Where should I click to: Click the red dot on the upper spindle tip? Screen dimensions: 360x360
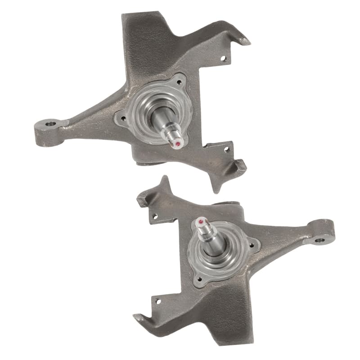point(178,144)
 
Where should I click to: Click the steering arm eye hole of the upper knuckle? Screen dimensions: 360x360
point(50,123)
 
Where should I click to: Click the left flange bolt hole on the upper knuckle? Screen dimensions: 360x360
point(119,119)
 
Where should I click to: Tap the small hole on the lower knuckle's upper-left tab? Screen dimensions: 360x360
point(154,216)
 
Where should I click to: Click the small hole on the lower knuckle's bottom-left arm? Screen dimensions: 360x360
point(157,301)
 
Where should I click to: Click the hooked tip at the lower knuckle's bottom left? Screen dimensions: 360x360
point(137,318)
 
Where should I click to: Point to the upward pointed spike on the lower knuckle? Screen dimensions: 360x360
point(165,180)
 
